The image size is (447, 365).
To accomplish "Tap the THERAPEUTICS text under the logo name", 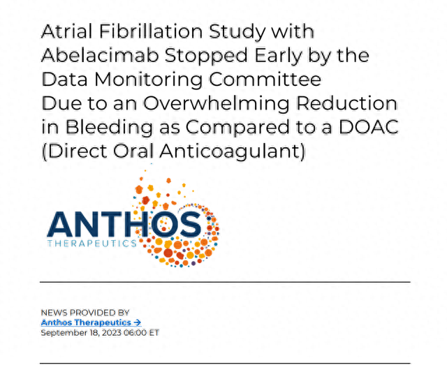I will pyautogui.click(x=91, y=244).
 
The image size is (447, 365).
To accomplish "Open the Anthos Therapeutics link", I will pyautogui.click(x=91, y=322).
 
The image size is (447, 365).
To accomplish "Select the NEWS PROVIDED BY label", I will pyautogui.click(x=85, y=312).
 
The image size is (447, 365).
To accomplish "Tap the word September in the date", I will pyautogui.click(x=61, y=333).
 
